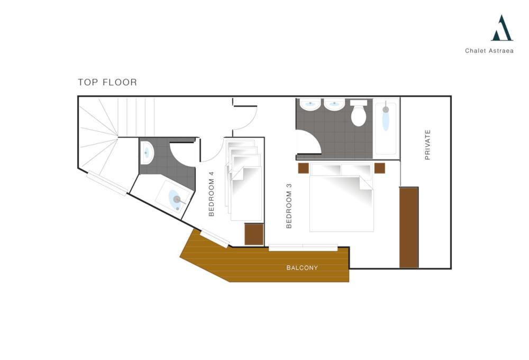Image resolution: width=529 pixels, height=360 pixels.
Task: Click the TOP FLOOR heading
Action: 107,83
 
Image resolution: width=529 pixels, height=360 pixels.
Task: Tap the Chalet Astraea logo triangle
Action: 502,29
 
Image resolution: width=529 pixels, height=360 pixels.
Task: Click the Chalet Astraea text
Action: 489,51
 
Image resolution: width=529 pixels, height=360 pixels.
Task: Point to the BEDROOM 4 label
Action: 212,194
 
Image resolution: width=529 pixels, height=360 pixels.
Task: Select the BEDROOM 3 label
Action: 289,205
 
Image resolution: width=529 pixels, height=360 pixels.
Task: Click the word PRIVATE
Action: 427,145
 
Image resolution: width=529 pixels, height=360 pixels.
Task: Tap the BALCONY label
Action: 302,268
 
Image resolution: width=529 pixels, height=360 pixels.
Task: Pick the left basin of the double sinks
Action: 310,104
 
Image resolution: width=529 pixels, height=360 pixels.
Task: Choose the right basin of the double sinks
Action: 334,104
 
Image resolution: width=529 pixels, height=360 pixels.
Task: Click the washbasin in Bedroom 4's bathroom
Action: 147,152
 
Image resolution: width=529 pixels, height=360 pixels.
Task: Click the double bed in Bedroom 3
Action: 341,197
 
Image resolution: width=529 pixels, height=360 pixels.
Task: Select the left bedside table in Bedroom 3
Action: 303,168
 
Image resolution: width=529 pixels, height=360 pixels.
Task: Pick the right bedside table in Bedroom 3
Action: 379,168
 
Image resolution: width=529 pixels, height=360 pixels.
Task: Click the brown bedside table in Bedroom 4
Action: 254,234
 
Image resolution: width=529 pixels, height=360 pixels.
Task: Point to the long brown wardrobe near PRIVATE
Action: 409,228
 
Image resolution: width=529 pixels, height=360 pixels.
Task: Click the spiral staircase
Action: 101,135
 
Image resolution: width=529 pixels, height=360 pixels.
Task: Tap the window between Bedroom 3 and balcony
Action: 303,248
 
